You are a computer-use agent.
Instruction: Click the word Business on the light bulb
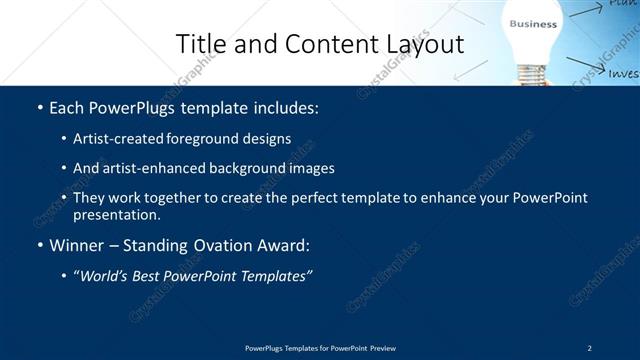coord(533,23)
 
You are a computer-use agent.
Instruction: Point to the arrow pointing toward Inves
coord(585,67)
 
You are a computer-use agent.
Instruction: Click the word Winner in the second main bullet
coord(78,244)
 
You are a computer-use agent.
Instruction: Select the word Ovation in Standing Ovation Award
coord(208,244)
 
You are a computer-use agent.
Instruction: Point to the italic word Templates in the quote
coord(277,275)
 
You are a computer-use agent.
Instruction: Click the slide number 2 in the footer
coord(590,348)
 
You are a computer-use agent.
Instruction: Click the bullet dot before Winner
coord(39,245)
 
